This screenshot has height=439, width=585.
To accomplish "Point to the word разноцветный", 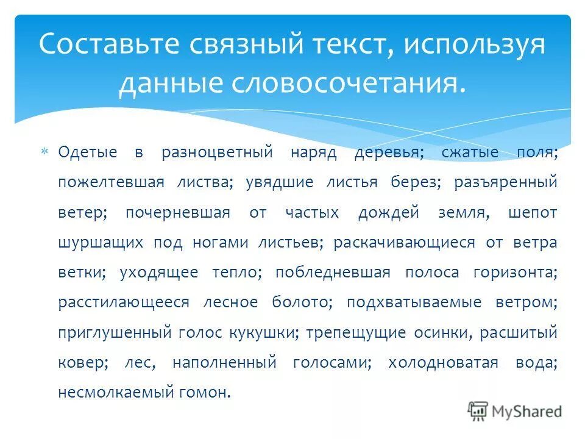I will click(x=216, y=152).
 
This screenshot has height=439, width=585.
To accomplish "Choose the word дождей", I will click(x=389, y=213).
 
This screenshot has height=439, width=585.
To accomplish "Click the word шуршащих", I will click(x=92, y=243).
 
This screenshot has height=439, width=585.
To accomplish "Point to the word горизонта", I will click(x=515, y=273).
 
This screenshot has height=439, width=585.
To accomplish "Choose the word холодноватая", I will click(x=443, y=363).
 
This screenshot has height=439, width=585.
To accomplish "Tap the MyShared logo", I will click(x=515, y=411).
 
